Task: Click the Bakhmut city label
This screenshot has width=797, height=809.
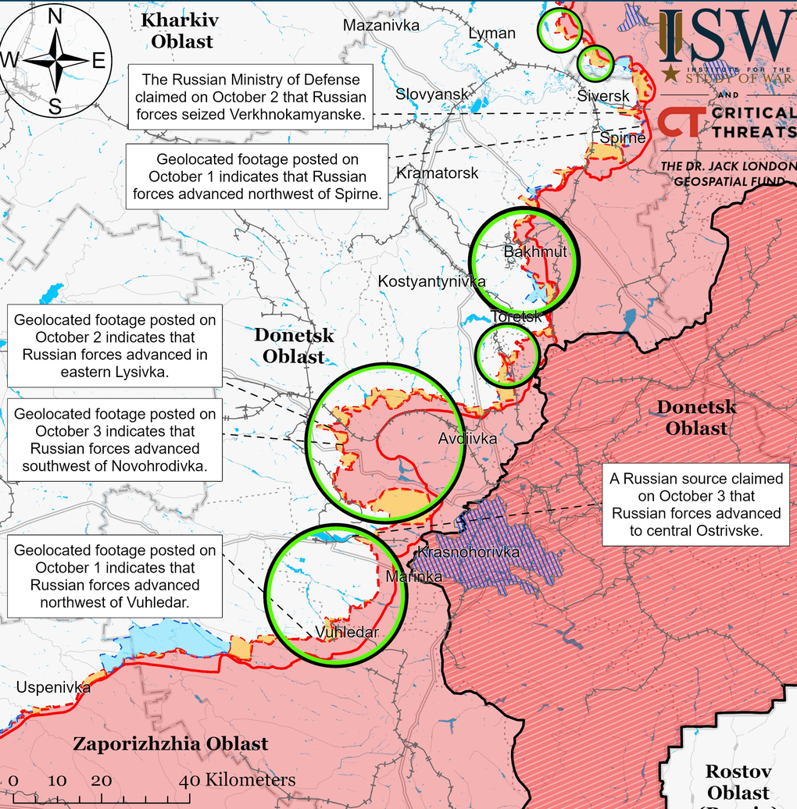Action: (535, 252)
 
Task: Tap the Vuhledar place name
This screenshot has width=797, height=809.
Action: (347, 633)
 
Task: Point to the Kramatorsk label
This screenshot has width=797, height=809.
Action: (437, 173)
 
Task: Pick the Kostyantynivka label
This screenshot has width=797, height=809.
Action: (431, 281)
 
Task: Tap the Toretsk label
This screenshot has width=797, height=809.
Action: (516, 317)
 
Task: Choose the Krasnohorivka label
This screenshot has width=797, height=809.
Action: (469, 553)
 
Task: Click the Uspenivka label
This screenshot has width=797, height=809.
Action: (53, 687)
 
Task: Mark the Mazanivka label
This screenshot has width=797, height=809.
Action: (381, 26)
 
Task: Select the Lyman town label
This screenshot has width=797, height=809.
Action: (491, 34)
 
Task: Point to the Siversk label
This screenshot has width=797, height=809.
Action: (603, 96)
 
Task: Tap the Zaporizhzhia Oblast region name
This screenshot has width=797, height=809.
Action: (170, 744)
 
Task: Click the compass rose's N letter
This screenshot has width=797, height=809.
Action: (55, 16)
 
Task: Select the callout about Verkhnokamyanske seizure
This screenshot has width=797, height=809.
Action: (250, 98)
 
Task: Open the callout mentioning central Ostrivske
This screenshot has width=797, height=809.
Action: (696, 504)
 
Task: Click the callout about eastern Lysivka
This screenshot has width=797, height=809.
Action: (114, 346)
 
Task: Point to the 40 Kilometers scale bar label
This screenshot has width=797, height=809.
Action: (241, 780)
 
